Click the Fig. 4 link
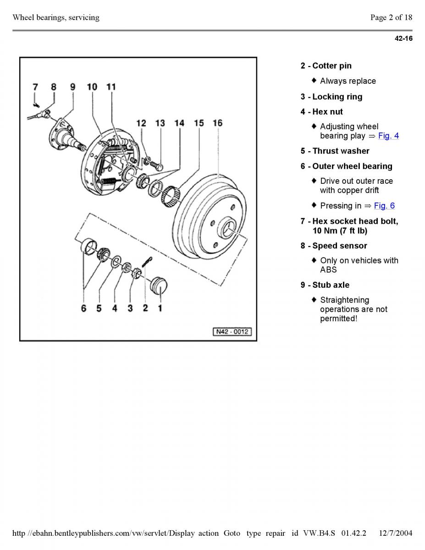(x=388, y=136)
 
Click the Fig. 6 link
(x=384, y=206)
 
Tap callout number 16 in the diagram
(x=217, y=123)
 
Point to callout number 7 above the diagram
(x=35, y=87)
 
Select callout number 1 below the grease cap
(x=160, y=308)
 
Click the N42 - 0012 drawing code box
(x=232, y=331)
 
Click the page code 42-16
(x=403, y=38)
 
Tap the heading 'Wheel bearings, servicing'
(x=56, y=17)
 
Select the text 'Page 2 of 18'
(x=391, y=17)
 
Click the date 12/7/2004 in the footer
(x=396, y=533)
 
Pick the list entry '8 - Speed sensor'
(x=334, y=246)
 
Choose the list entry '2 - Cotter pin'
(x=326, y=66)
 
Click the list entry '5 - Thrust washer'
(x=335, y=151)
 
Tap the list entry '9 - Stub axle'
(x=325, y=285)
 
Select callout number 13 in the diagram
(x=160, y=123)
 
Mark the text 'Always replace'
(x=348, y=81)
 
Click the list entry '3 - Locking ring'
(x=331, y=97)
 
